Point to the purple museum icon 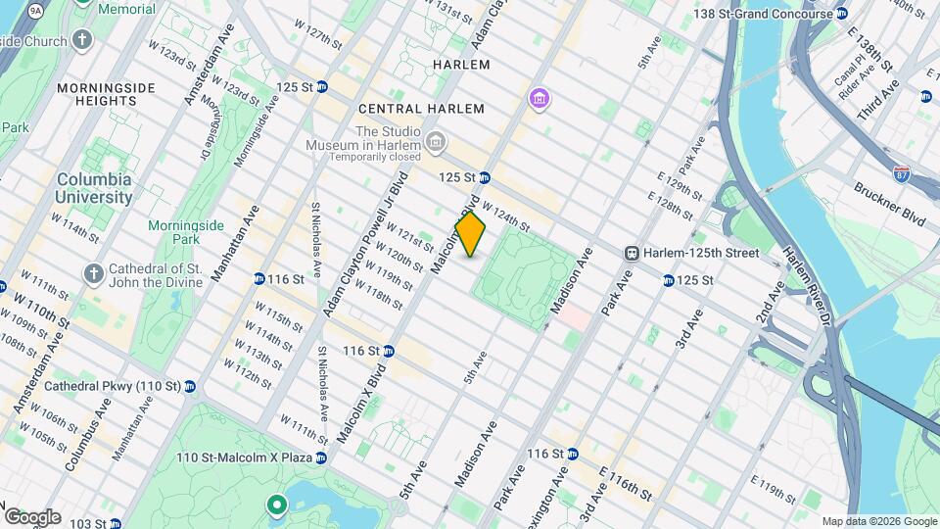tap(539, 99)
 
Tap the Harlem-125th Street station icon tap(633, 253)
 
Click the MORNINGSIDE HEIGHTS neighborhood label tap(108, 95)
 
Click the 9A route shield tap(36, 10)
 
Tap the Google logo tap(31, 516)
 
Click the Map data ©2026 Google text tap(878, 521)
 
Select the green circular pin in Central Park tap(276, 505)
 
